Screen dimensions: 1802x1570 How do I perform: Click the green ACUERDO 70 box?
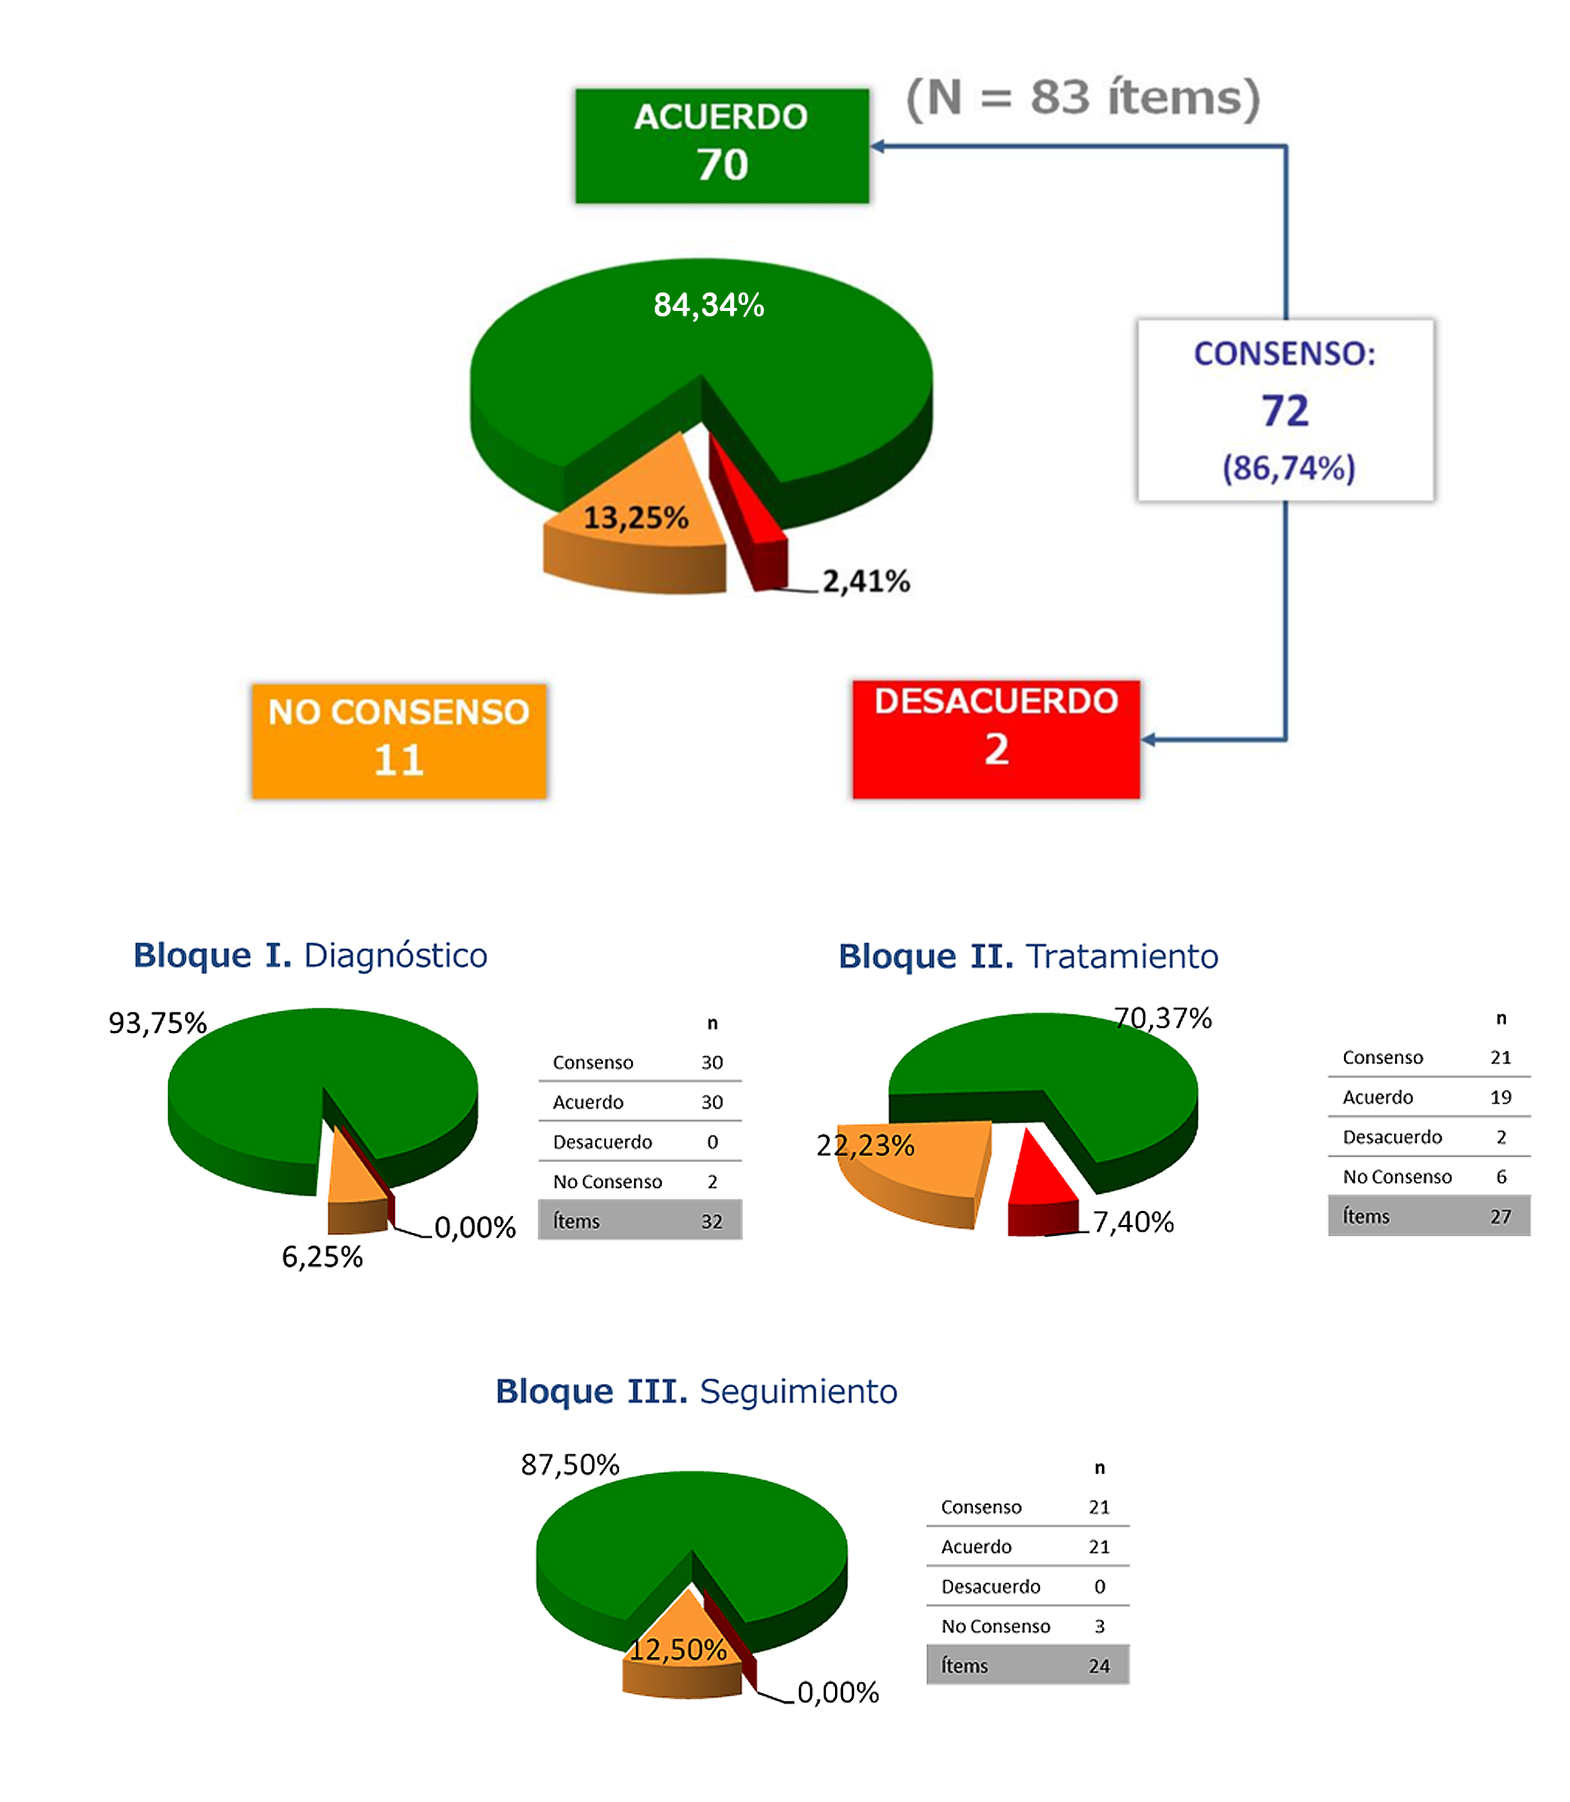click(x=722, y=146)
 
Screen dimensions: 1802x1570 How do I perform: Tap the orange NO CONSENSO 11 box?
click(x=399, y=741)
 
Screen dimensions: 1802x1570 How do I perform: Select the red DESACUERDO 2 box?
click(x=996, y=739)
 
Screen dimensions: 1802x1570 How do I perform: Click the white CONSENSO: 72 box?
click(x=1286, y=410)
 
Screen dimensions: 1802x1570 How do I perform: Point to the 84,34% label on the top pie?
click(x=709, y=305)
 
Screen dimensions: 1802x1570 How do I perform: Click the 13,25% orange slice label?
click(x=636, y=518)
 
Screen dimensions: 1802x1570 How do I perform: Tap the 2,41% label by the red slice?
click(x=865, y=581)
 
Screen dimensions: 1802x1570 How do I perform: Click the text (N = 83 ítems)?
click(x=1083, y=96)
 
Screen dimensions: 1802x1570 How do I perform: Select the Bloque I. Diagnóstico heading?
click(x=310, y=955)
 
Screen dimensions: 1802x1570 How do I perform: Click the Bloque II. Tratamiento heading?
click(x=1028, y=956)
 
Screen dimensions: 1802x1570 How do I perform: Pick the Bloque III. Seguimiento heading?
click(x=697, y=1391)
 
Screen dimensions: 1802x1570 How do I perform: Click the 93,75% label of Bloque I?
click(x=158, y=1022)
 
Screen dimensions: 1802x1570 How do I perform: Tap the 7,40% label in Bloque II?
click(x=1133, y=1221)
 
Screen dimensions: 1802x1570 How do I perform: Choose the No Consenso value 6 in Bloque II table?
click(x=1501, y=1177)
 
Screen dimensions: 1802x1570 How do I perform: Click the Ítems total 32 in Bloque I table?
click(x=711, y=1221)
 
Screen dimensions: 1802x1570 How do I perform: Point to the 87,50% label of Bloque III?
click(x=570, y=1464)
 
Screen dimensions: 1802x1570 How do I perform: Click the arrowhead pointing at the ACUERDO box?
click(x=879, y=146)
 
